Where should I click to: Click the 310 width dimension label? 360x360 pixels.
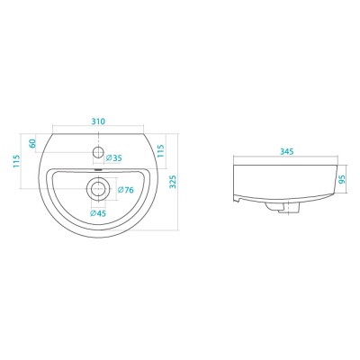pos(98,121)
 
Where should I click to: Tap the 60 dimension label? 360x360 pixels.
pos(32,143)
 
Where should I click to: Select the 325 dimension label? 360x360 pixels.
pos(173,182)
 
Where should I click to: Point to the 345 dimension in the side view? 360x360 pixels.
pos(287,152)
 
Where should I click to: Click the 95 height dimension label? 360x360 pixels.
pos(342,179)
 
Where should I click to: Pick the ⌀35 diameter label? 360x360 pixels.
pos(114,157)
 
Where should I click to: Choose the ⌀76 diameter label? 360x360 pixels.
pos(126,190)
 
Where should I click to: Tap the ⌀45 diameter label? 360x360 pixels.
pos(98,213)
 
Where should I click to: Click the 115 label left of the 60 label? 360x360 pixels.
pos(16,161)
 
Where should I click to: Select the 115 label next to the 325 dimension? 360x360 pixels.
pos(161,151)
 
